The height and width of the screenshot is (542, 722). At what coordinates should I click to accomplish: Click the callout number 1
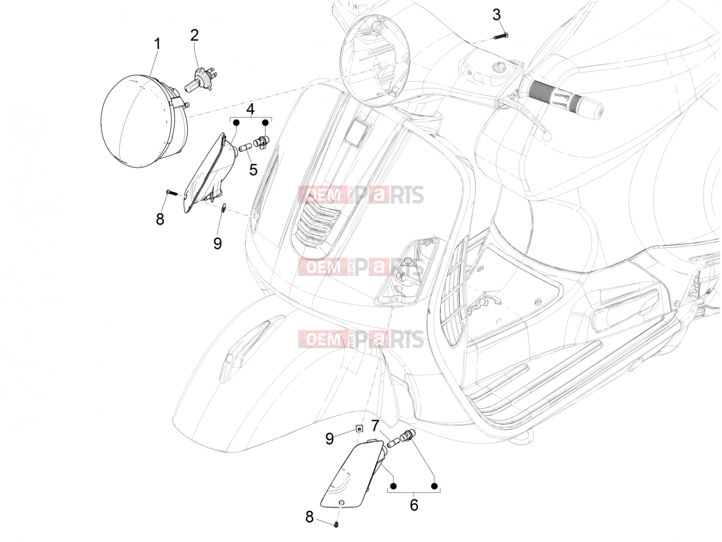(x=157, y=44)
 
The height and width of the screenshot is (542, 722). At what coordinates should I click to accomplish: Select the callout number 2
(x=195, y=35)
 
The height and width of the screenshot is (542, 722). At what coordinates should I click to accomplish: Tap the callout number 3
(x=496, y=15)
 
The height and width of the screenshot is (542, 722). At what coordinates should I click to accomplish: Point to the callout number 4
(x=250, y=109)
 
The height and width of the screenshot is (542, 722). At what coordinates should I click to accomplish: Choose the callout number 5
(x=253, y=170)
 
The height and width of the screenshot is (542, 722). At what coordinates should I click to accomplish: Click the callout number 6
(x=414, y=505)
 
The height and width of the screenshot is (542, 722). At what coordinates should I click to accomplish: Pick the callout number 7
(x=375, y=426)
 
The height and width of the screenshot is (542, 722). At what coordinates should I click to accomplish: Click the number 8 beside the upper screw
(x=160, y=219)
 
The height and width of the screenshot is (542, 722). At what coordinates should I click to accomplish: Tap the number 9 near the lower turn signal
(x=329, y=439)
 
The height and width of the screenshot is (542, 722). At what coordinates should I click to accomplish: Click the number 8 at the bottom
(x=310, y=517)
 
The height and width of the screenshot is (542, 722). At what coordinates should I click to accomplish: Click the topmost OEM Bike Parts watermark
(x=361, y=195)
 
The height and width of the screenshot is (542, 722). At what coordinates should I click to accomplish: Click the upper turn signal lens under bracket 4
(x=211, y=173)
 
